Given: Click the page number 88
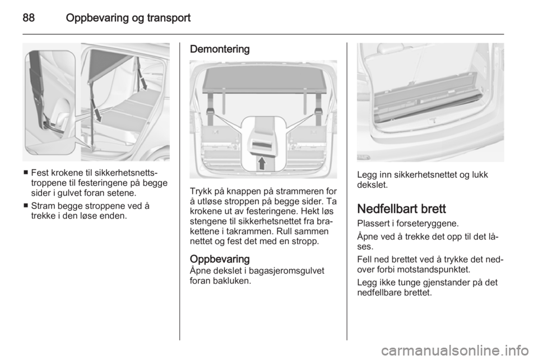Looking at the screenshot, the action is pos(29,18).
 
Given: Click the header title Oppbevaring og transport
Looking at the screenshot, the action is pos(128,18).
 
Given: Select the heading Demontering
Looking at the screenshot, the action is pos(220,49).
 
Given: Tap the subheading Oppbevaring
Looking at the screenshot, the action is pos(220,259).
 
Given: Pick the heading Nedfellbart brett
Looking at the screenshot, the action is pos(401,209).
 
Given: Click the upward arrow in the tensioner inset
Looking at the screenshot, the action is pos(262,163).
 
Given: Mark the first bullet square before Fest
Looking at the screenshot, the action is pos(26,172).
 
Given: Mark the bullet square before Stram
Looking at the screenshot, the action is pos(26,206).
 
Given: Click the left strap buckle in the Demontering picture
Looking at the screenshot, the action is pos(210,112).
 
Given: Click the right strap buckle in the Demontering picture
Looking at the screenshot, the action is pos(318,112).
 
